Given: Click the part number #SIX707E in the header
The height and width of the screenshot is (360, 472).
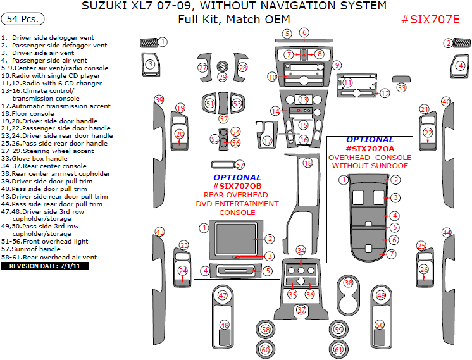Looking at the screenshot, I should click(430, 20).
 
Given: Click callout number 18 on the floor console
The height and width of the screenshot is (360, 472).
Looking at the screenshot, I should click(308, 163).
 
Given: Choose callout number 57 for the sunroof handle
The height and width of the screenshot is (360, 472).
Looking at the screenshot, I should click(240, 165).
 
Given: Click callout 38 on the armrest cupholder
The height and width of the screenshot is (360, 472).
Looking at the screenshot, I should click(348, 283).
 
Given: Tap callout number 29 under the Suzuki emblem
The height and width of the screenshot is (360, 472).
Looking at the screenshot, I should click(222, 77).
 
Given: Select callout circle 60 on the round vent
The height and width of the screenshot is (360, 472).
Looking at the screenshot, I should click(266, 350).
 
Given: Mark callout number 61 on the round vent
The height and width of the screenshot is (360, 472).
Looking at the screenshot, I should click(338, 350).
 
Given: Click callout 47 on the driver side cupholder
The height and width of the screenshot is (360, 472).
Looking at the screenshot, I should click(223, 295).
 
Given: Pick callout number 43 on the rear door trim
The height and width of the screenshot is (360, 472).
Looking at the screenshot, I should click(159, 232).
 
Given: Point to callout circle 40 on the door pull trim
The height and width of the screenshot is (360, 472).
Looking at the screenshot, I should click(446, 102).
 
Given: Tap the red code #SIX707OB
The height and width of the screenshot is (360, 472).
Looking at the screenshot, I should click(237, 186).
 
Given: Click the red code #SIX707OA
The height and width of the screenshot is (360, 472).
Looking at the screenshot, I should click(370, 148).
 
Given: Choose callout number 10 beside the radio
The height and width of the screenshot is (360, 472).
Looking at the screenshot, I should click(272, 77).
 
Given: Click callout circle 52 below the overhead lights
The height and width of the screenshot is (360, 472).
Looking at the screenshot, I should click(223, 119).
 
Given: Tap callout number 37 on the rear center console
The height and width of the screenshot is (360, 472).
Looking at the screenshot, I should click(302, 310).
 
